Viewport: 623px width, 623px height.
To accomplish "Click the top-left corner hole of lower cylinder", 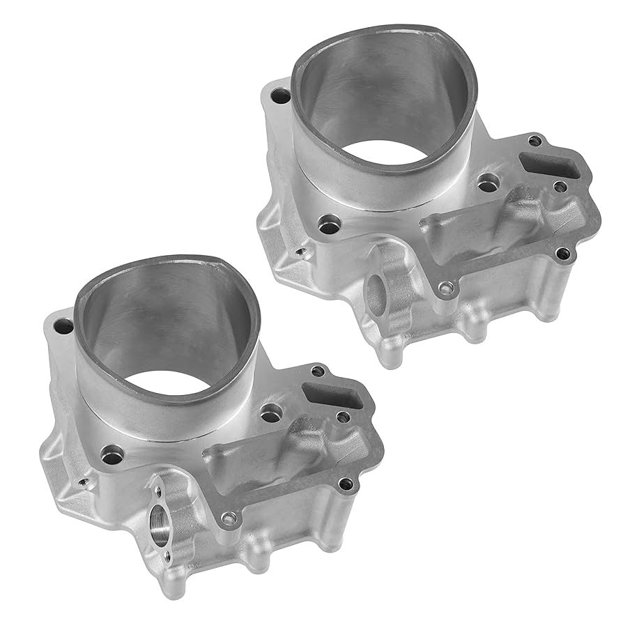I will pos(63,325).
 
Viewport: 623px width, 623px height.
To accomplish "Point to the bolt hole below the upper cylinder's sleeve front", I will pos(328,225).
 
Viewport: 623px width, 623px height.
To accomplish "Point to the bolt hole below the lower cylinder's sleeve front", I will pos(111,456).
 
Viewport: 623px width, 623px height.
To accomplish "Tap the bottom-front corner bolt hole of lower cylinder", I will pos(229,517).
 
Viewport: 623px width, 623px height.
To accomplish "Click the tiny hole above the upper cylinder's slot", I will pos(534,141).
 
